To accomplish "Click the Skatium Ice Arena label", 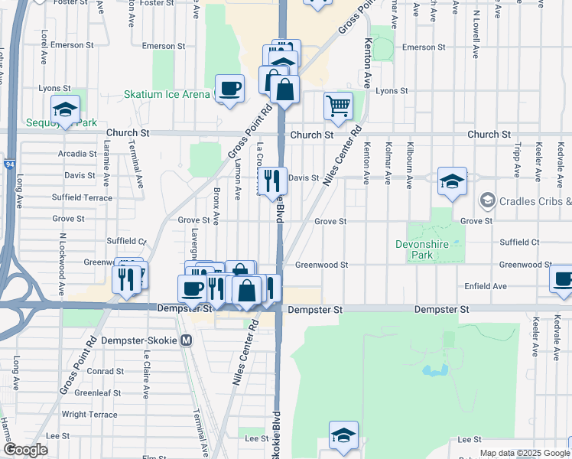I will (167, 95).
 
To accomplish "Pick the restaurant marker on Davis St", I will (271, 181).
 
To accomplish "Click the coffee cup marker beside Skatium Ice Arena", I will (229, 89).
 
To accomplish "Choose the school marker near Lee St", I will (343, 435).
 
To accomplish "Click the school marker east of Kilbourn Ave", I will (452, 181).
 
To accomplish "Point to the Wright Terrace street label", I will (86, 415).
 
